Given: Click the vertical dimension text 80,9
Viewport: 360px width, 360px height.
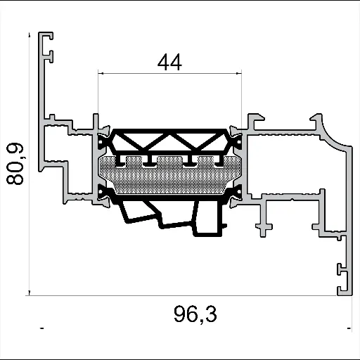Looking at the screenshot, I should point(15,163).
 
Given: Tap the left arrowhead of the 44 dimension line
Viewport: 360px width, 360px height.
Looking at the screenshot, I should point(101,72).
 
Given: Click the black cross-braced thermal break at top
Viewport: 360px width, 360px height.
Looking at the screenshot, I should point(169,141).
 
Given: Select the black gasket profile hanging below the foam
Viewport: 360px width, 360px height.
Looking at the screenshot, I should point(176,214).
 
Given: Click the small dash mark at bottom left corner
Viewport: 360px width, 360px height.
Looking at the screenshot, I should point(43,328).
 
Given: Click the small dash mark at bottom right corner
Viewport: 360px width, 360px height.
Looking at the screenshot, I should point(349,328).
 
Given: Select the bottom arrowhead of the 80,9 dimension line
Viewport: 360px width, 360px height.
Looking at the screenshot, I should point(30,290).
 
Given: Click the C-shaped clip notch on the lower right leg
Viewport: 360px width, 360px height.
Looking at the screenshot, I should point(340,269).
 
